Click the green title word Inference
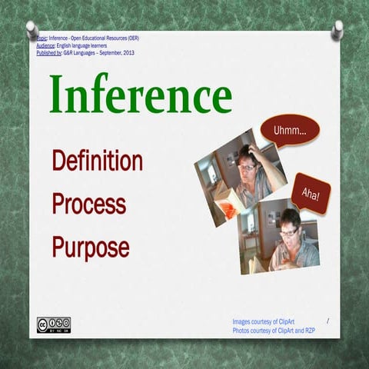tap(141, 96)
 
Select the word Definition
tap(97, 161)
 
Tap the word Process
tap(88, 204)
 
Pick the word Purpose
tap(91, 247)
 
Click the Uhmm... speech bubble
tap(289, 131)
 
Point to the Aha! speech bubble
tap(311, 191)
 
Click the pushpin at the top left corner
tap(32, 29)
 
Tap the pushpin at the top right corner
tap(337, 29)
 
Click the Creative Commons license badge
tap(53, 324)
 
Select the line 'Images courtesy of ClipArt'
tap(266, 321)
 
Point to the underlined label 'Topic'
tap(42, 38)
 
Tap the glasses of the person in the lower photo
tap(288, 231)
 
